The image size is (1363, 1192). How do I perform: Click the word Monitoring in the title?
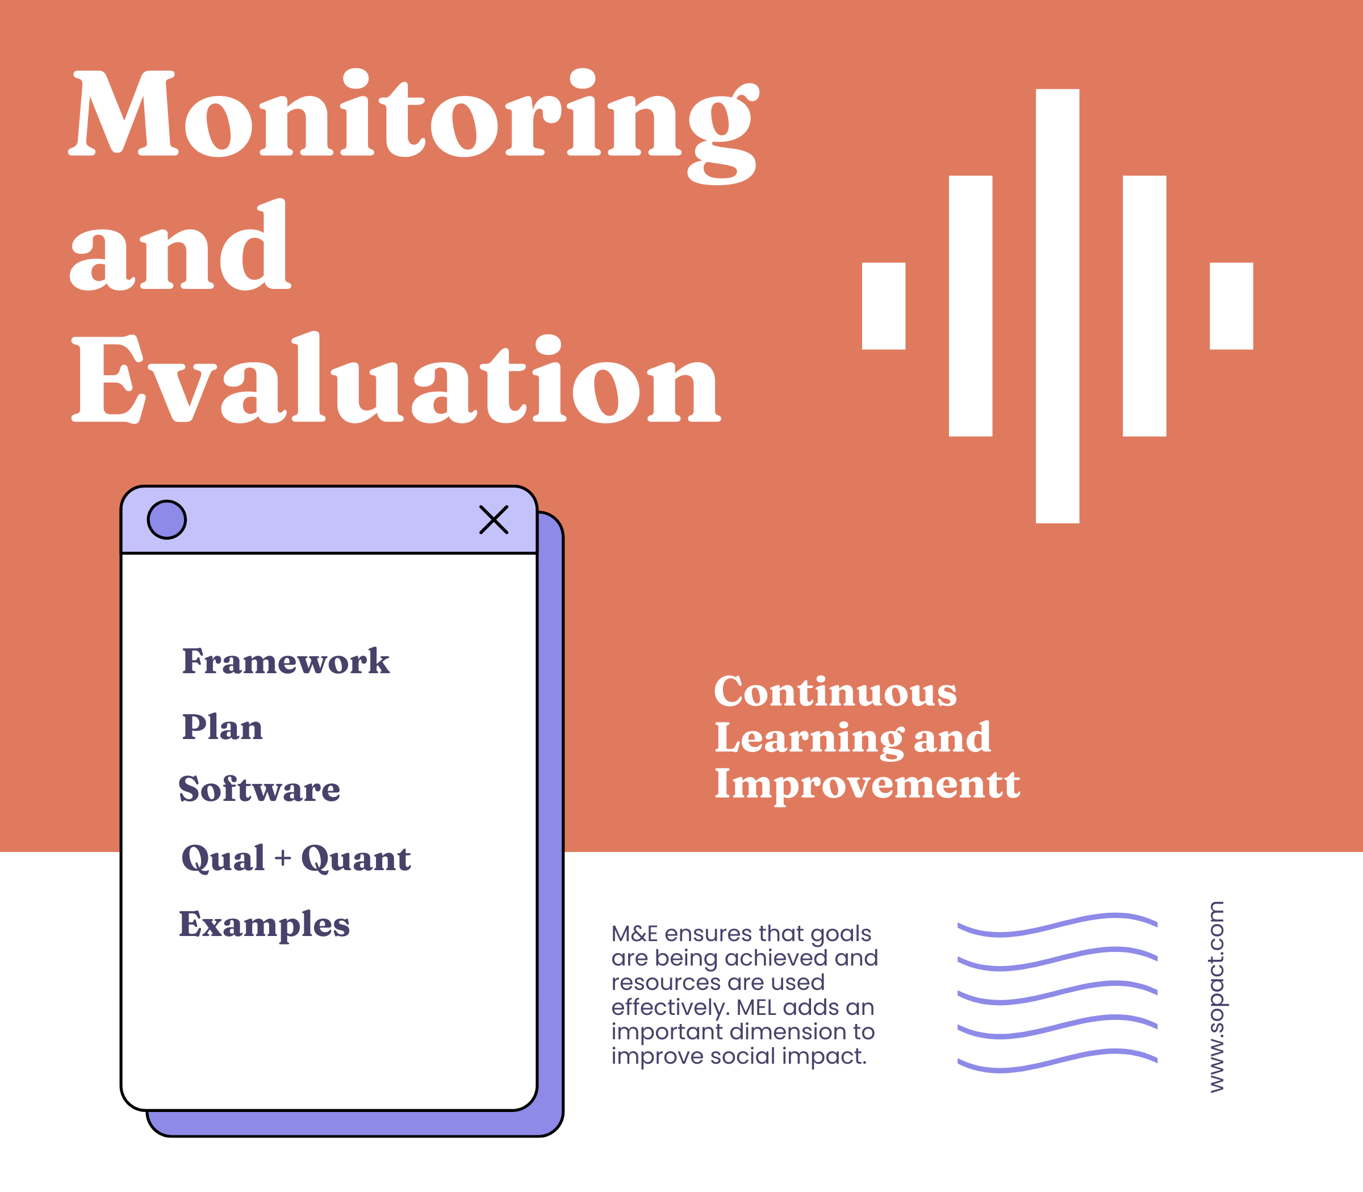(x=413, y=116)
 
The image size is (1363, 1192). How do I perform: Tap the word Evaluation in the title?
(x=396, y=379)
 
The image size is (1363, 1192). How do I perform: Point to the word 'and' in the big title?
(x=179, y=249)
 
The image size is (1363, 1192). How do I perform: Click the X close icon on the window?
(x=494, y=519)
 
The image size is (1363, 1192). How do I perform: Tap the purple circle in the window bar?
(x=166, y=519)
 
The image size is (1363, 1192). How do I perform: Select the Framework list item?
(x=286, y=662)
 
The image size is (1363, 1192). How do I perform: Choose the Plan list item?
(x=222, y=727)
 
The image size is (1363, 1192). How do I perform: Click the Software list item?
(x=260, y=790)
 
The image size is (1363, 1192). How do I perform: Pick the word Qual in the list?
(x=223, y=858)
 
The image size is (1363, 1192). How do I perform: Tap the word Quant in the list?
(x=356, y=858)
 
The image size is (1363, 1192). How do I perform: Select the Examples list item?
(x=264, y=925)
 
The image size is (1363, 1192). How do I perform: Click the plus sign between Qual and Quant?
(x=283, y=858)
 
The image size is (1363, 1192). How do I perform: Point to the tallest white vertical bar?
(x=1057, y=306)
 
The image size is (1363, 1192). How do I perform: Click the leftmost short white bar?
(x=883, y=306)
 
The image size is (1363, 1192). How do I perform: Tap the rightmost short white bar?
(x=1231, y=306)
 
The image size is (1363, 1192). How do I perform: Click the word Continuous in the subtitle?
(x=835, y=692)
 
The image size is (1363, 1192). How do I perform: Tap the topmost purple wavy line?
(x=1057, y=925)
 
